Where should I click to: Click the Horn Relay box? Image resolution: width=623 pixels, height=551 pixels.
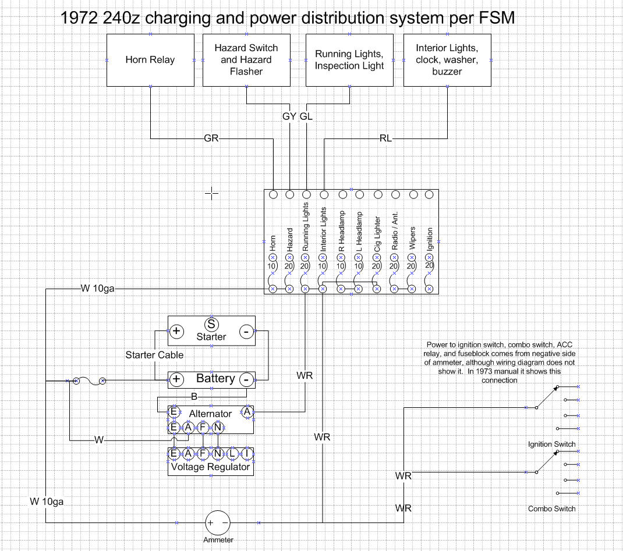coord(150,60)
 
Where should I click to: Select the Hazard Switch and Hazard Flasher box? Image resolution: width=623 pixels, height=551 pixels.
coord(246,60)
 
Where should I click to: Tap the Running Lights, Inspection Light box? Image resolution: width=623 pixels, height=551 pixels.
coord(349,60)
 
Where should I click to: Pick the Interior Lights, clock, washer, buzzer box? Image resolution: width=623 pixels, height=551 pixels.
coord(447,60)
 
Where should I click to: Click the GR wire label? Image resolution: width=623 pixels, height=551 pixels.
coord(211,138)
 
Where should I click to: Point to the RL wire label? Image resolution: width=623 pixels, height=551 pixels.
coord(385,138)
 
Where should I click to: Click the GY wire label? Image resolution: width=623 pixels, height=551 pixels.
coord(289,116)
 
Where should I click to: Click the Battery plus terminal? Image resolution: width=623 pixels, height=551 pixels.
coord(176,379)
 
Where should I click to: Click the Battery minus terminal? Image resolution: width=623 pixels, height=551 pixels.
coord(247,379)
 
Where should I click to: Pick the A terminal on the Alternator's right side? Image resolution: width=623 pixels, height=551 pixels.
coord(247,412)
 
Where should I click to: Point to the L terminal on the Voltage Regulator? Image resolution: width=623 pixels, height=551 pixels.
coord(232,454)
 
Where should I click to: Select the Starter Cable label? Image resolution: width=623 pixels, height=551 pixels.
coord(154,355)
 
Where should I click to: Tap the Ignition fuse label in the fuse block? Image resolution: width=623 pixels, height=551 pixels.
coord(430,239)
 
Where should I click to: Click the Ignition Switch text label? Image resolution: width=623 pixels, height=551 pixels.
coord(551,444)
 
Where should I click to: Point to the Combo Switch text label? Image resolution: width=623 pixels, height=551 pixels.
coord(551,509)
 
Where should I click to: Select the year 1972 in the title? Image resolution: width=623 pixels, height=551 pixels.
coord(79,19)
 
